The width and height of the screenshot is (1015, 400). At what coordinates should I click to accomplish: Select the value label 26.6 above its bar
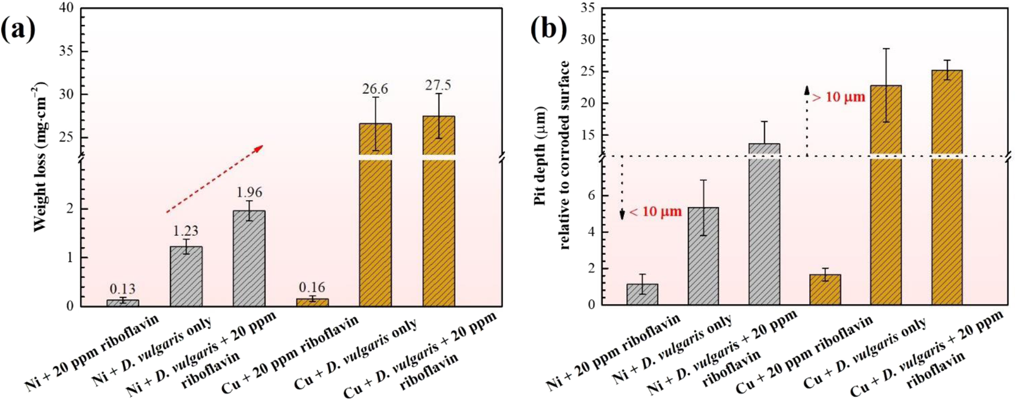[376, 89]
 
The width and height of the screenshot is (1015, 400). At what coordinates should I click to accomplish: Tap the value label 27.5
[438, 85]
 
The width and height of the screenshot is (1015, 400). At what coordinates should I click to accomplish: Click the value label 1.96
[249, 192]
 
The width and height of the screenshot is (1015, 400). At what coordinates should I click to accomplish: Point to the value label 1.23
[186, 231]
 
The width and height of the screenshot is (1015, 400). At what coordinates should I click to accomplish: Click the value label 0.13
[122, 289]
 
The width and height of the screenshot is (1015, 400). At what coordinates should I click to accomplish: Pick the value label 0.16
[312, 287]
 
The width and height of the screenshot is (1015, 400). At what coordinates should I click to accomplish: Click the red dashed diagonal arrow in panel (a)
[215, 179]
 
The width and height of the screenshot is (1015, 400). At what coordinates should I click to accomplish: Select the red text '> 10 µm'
[839, 97]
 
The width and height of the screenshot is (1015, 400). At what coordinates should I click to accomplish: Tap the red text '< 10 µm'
[655, 212]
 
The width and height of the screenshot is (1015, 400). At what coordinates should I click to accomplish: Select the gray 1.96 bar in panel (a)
[249, 258]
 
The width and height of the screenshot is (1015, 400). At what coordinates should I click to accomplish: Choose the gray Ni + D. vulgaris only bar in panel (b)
[703, 256]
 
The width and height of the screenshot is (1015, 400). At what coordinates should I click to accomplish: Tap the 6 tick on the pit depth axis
[592, 196]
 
